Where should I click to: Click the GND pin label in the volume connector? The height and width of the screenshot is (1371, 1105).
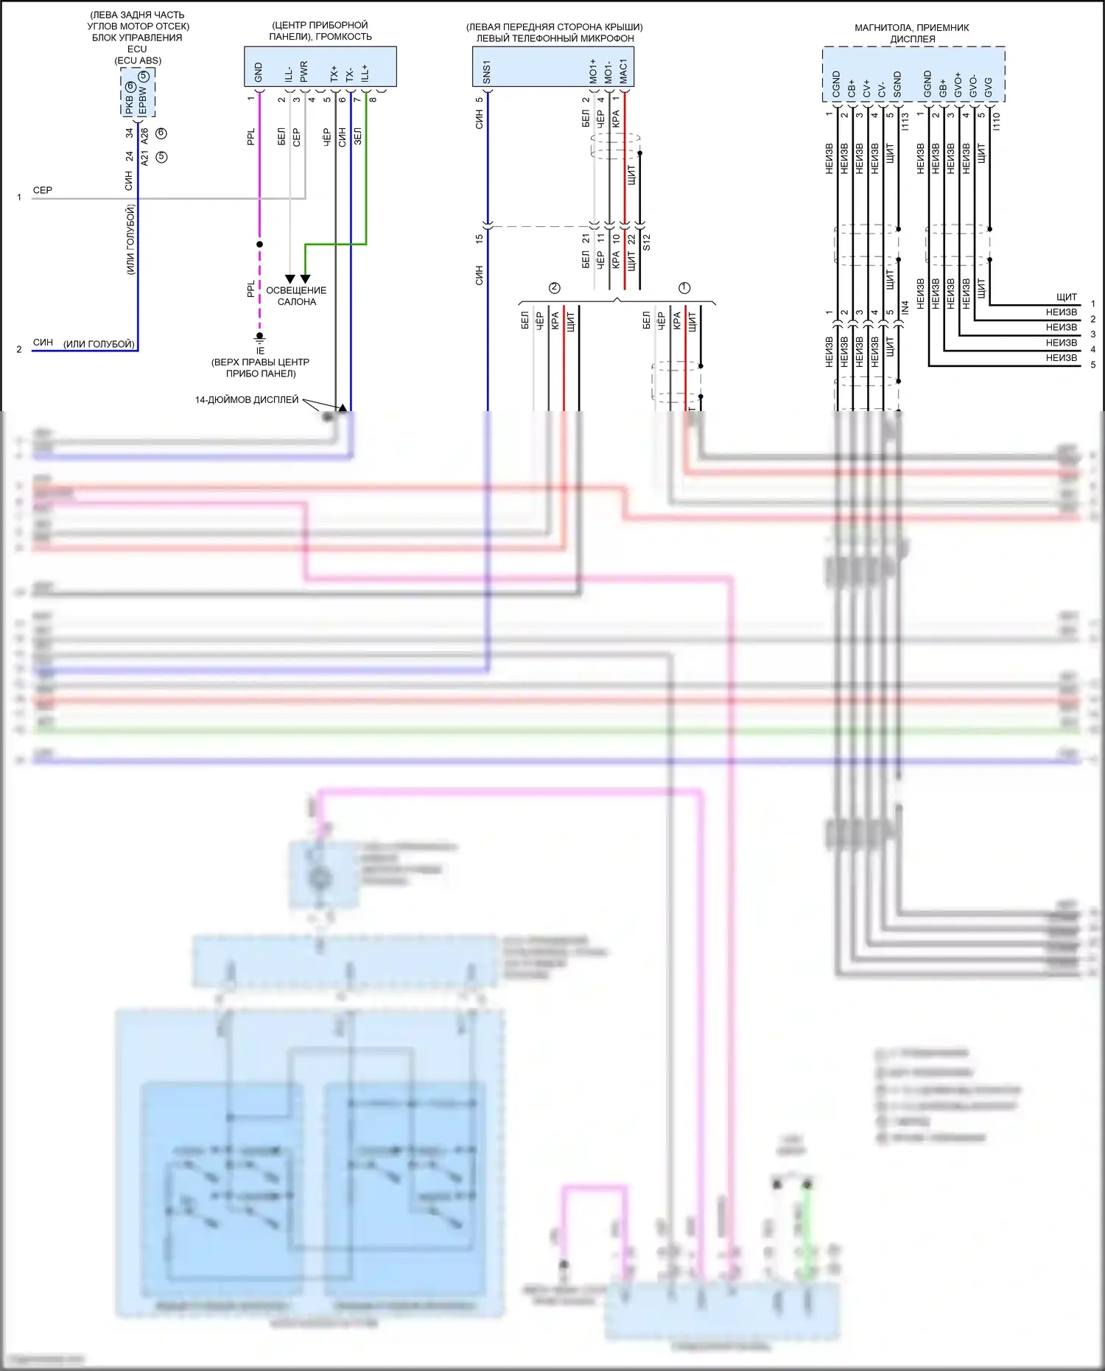(258, 72)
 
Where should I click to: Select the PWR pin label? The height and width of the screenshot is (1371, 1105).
(304, 71)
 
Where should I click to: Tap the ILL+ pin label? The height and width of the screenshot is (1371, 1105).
(365, 72)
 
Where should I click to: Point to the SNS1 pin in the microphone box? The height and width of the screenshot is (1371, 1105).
(486, 72)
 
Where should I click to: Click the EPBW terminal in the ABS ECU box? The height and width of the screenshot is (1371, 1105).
(143, 101)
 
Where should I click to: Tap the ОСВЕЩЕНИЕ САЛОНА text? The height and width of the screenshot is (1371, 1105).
(296, 296)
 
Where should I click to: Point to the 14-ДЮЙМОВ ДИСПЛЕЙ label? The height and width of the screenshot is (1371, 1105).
(247, 400)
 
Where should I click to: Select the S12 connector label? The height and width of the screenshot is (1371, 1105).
(647, 242)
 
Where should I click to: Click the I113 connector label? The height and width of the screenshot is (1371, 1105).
(905, 122)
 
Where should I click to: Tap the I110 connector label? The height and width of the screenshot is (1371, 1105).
(997, 122)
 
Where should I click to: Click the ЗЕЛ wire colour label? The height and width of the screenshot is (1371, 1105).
(358, 136)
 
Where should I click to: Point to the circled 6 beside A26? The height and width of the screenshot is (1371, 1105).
(161, 133)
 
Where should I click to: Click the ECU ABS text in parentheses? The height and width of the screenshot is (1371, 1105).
(138, 60)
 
